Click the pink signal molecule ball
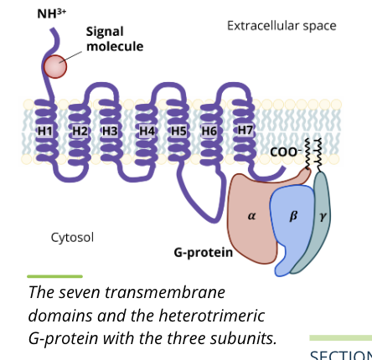point(55,66)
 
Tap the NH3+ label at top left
point(51,14)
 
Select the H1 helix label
point(44,131)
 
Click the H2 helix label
point(80,131)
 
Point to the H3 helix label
point(110,131)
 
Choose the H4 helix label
point(147,131)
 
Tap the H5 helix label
point(178,131)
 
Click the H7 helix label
point(245,131)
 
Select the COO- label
point(285,152)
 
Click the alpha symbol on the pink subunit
point(252,216)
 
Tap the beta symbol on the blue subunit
point(293,216)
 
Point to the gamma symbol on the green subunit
point(323,216)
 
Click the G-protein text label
point(203,252)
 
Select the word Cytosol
point(72,237)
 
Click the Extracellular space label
point(282,26)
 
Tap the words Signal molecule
point(114,39)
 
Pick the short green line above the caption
point(54,275)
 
